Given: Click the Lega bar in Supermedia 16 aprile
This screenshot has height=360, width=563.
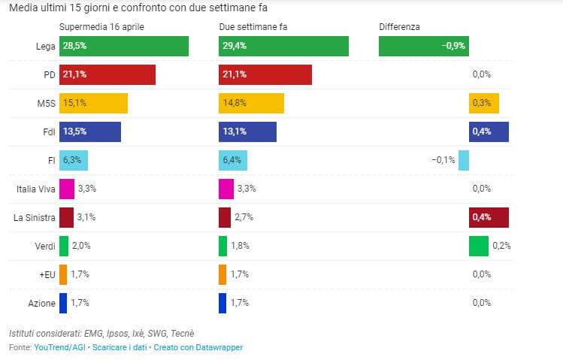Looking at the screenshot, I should coord(123,46).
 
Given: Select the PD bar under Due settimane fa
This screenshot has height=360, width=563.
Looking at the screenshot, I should coord(265,74).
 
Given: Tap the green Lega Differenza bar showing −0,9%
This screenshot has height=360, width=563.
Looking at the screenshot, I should coord(423,46).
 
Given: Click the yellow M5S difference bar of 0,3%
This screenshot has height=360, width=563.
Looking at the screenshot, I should coord(483,103).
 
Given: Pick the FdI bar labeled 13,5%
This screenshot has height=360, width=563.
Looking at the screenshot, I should coord(89,132).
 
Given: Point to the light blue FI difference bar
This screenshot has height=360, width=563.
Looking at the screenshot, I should coord(464,160).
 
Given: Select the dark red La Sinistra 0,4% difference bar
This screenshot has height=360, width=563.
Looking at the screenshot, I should coord(489,217).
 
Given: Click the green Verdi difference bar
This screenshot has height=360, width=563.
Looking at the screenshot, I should coord(478,246).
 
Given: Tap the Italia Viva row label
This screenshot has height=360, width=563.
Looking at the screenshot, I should coord(35,189).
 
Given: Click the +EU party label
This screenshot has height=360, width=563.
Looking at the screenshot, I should coord(47,274).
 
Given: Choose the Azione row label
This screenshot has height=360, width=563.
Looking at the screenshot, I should coord(41,303).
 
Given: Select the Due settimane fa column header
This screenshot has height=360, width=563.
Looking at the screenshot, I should coord(253,26).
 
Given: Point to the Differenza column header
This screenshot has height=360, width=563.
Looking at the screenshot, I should coord(399,26).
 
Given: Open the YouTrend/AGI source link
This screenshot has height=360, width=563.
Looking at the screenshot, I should coord(59,347).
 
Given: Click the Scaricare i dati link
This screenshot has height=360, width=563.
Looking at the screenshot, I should coord(119,347).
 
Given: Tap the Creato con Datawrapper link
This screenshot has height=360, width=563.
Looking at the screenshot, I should coord(198,347).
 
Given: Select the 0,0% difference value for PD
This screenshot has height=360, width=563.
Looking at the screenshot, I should coord(481,74).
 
